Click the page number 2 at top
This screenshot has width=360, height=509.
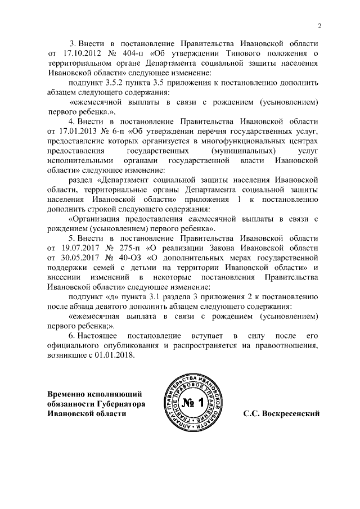[319, 25]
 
